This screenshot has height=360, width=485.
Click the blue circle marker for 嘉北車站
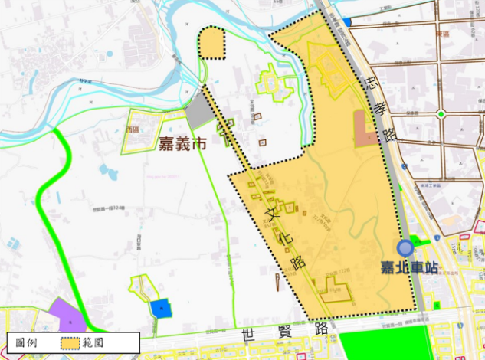[405, 247]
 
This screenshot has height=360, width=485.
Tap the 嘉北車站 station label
[410, 268]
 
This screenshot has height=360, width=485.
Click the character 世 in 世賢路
[247, 335]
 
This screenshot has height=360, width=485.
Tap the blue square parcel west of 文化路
[159, 308]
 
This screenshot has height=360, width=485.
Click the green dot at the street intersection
[441, 115]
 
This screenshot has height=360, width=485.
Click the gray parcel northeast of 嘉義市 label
[199, 110]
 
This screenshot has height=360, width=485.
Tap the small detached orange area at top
[214, 43]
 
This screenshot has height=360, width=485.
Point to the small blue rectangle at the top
[346, 21]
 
